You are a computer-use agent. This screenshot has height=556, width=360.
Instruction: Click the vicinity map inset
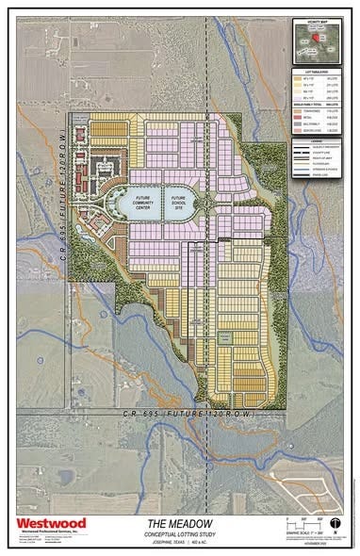(x=316, y=38)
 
